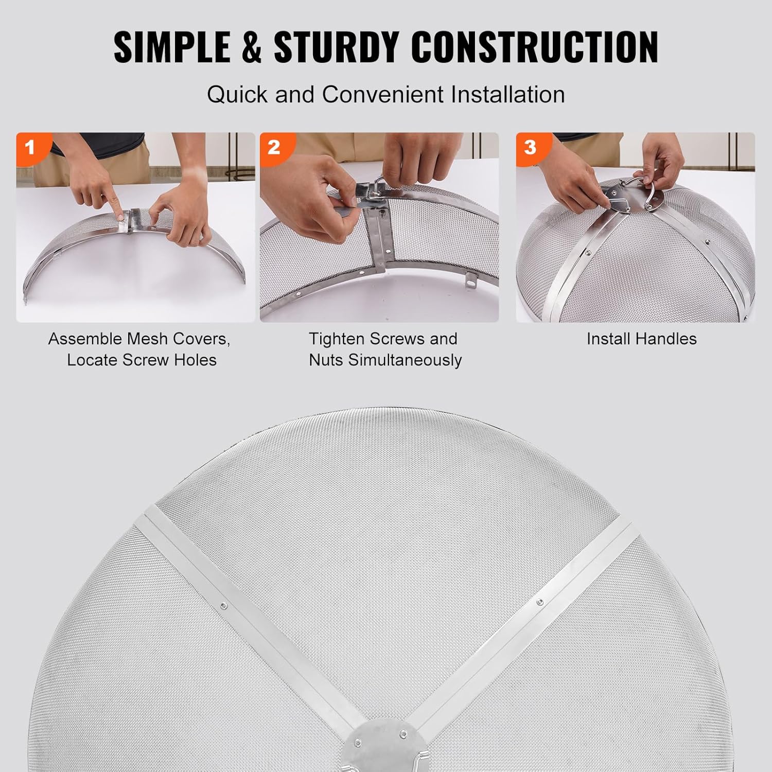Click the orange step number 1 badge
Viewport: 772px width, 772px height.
tap(30, 147)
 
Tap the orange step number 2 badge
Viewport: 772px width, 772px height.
tap(274, 147)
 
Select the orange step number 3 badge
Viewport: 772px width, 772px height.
tap(530, 147)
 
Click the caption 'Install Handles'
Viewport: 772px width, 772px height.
tap(641, 339)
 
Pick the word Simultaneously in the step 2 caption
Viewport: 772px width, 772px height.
tap(405, 360)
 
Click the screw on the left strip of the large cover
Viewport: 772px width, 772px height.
tap(223, 606)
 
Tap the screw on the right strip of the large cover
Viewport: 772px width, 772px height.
tap(539, 601)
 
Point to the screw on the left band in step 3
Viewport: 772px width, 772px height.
tap(587, 253)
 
